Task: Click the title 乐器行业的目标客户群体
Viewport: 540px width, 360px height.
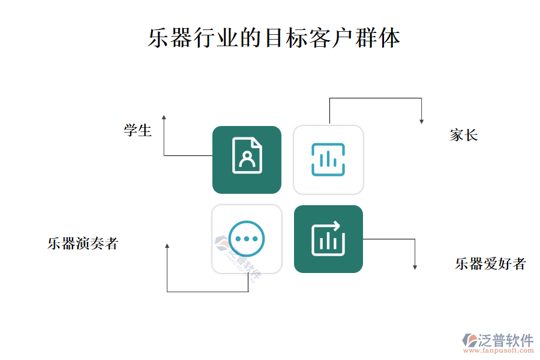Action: pos(274,38)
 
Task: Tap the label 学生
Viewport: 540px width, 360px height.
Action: pos(138,131)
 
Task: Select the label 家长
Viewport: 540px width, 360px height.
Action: pos(464,135)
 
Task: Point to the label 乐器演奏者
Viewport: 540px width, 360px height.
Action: pos(83,244)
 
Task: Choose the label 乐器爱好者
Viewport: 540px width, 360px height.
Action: pos(490,264)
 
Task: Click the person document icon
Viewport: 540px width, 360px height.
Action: pos(247,155)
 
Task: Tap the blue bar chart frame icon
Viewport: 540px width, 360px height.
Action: pos(328,160)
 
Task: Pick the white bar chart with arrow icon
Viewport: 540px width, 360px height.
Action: pos(328,239)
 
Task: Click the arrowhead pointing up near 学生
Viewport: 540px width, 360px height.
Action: pos(164,118)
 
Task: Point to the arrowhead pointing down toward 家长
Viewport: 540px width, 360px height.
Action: pos(422,121)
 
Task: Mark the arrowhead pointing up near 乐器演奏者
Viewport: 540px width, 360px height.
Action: pos(167,246)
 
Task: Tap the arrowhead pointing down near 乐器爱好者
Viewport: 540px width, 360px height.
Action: pos(415,267)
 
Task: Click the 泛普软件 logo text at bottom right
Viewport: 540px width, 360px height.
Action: pos(506,340)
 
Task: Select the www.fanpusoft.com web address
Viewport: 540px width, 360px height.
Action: pos(499,350)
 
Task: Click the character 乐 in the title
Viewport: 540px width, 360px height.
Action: pos(159,38)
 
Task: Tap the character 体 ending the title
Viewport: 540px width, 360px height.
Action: pos(389,38)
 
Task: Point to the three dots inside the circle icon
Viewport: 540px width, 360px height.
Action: pos(246,239)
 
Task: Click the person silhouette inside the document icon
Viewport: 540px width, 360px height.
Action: pos(247,158)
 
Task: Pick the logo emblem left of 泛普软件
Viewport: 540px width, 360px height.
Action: pos(470,340)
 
